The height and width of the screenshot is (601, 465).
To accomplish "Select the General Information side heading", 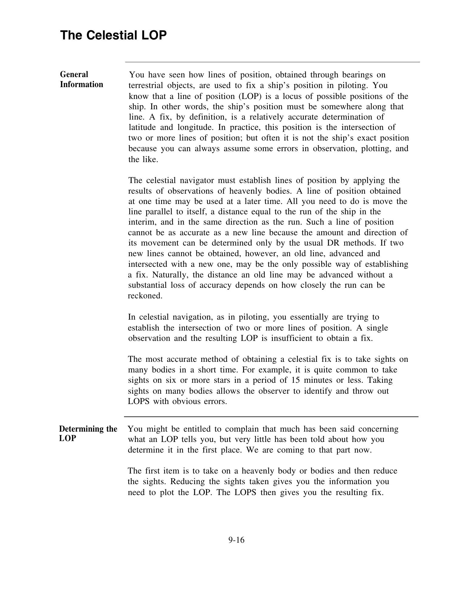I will coord(81,79).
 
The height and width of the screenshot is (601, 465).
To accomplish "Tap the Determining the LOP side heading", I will coord(88,433).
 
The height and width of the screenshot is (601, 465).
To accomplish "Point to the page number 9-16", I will coord(236,540).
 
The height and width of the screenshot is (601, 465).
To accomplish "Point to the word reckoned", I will coord(145,296).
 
